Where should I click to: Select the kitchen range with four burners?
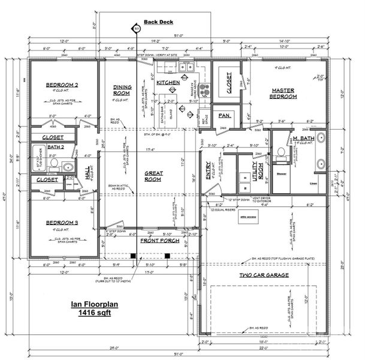205,89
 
